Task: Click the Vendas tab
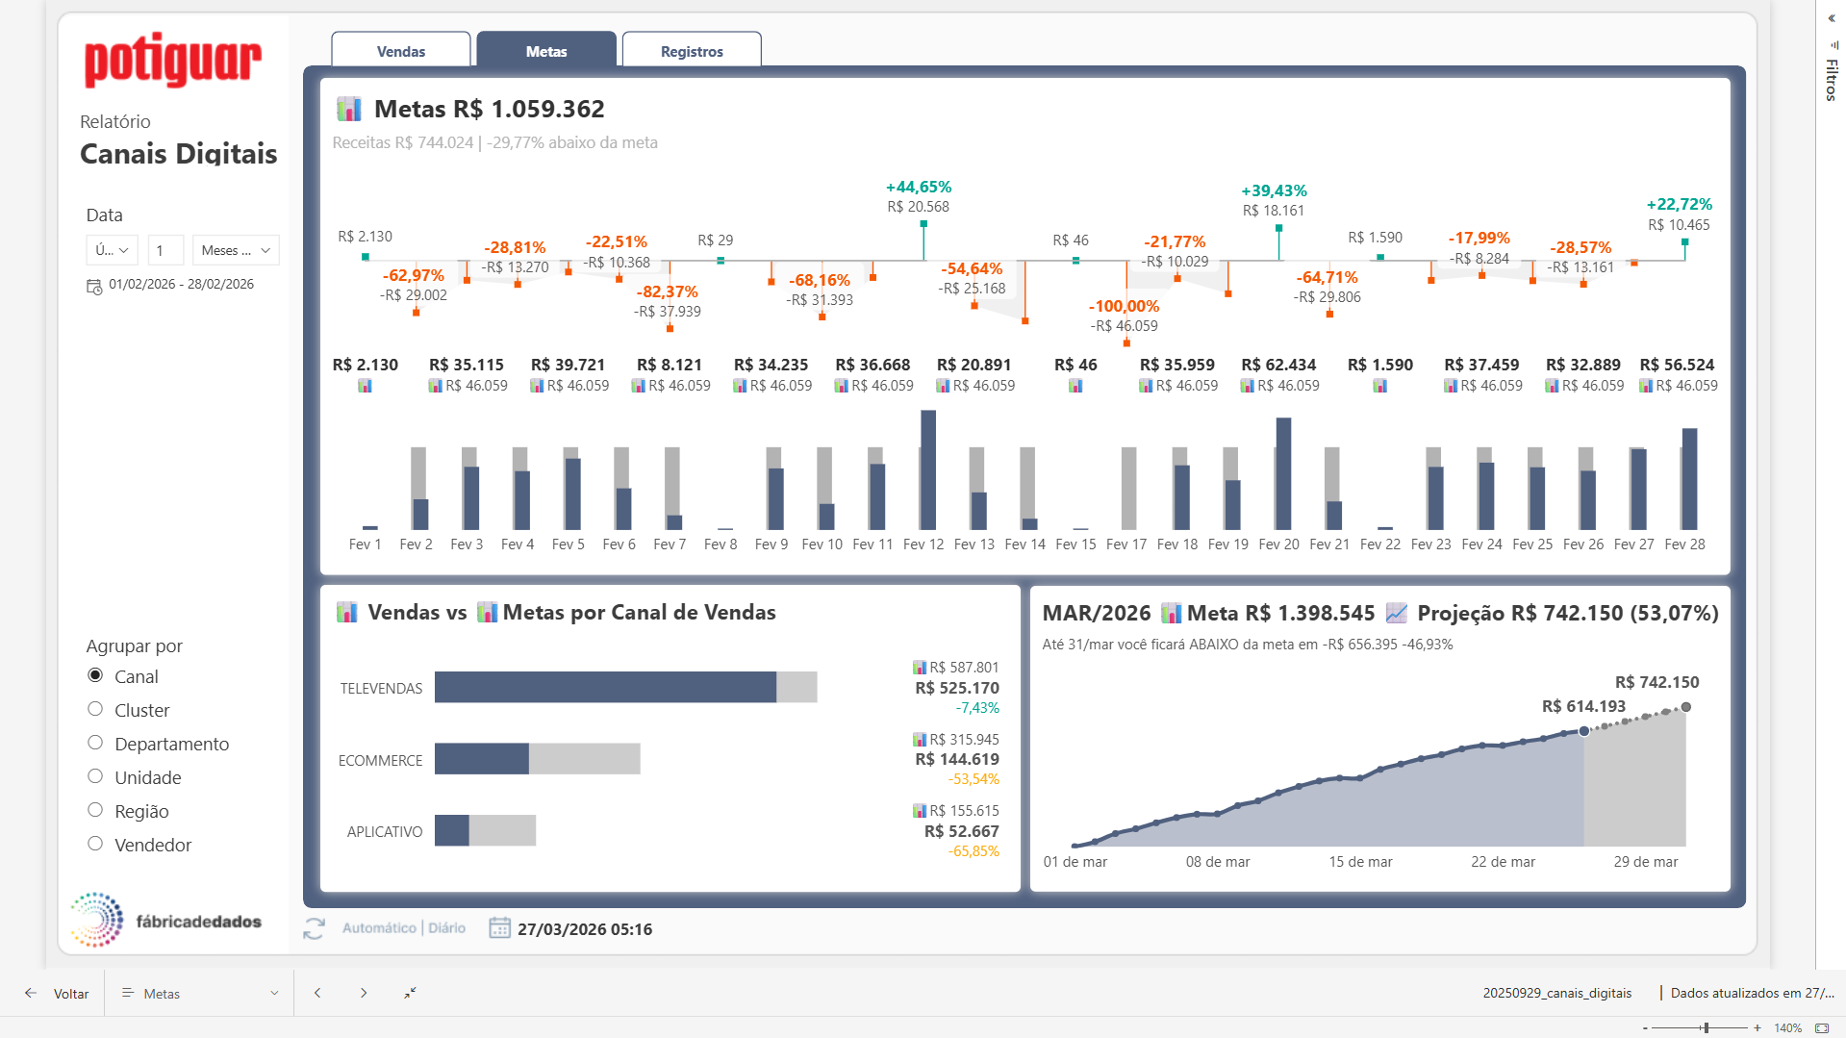click(401, 51)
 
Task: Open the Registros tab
click(692, 51)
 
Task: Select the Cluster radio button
click(95, 710)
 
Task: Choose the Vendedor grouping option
click(95, 845)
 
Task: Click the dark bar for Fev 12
click(928, 470)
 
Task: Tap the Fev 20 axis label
click(1278, 544)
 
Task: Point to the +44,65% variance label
click(918, 187)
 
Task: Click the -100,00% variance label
click(1124, 306)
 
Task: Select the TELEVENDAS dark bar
click(605, 687)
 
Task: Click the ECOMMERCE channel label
click(380, 760)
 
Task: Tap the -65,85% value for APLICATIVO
click(974, 851)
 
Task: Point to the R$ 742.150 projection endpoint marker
click(1685, 707)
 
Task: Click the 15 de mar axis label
click(1360, 862)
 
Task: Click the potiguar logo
click(173, 60)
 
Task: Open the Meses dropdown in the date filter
click(236, 250)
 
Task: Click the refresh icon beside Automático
click(314, 928)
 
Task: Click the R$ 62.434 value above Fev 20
click(1277, 365)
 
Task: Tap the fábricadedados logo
click(165, 921)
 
